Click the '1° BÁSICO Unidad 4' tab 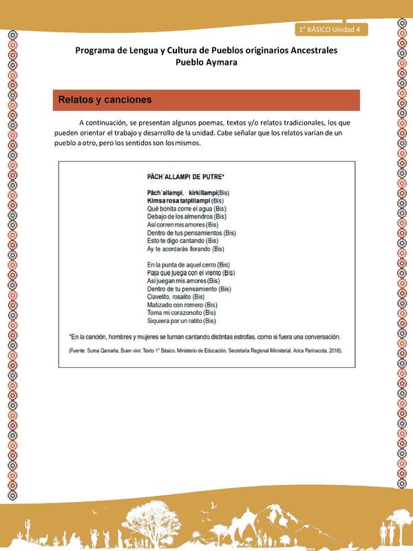click(x=333, y=29)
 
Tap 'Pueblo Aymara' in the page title click(x=206, y=62)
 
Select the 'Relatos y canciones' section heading click(x=105, y=100)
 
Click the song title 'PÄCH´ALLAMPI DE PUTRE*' click(x=191, y=177)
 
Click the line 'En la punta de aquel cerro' click(x=188, y=264)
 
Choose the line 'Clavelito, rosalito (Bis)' click(x=176, y=297)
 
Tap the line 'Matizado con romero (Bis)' click(x=182, y=304)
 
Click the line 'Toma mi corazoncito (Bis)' click(x=182, y=313)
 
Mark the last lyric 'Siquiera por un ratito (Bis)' click(x=182, y=321)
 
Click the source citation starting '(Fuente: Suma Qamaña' click(x=206, y=351)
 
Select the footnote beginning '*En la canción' click(x=205, y=337)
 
